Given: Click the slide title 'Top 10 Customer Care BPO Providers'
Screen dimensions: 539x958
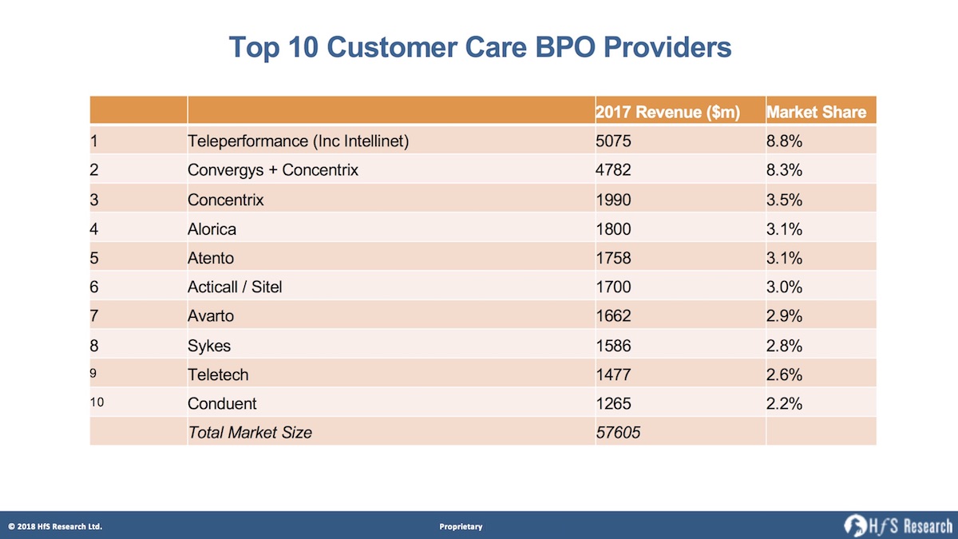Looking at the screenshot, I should (480, 47).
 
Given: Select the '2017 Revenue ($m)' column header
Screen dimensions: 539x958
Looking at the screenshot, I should (667, 113).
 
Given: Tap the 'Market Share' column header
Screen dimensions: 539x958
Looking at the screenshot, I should (816, 113).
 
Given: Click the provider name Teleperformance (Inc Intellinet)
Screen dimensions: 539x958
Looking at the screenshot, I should (298, 141).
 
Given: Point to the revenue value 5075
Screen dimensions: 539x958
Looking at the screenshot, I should (613, 141).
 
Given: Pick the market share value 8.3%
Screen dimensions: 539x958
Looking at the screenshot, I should (784, 170).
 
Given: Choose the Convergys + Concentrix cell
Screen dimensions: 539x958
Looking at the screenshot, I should (272, 170).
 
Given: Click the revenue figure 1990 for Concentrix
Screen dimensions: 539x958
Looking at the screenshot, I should (613, 200).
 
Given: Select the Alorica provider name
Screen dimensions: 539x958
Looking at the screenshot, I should (212, 229).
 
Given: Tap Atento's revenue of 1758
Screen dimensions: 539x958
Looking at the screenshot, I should (613, 258).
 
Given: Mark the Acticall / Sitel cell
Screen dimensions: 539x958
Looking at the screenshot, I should (235, 287).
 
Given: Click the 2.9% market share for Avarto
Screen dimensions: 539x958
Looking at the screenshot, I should (784, 315).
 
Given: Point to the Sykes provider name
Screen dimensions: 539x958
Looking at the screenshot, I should (208, 345).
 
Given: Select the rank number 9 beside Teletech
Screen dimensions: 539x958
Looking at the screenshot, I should (94, 374).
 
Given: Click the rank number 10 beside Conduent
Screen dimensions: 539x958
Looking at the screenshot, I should (97, 402).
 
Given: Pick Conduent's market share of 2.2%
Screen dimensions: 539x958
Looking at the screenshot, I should (784, 403).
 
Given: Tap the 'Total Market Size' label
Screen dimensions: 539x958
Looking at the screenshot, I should (249, 432).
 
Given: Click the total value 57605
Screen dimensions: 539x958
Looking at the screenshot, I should (619, 432).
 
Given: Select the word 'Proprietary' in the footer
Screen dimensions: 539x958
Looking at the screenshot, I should (461, 526).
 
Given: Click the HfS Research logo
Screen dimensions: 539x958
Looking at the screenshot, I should (898, 525).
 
